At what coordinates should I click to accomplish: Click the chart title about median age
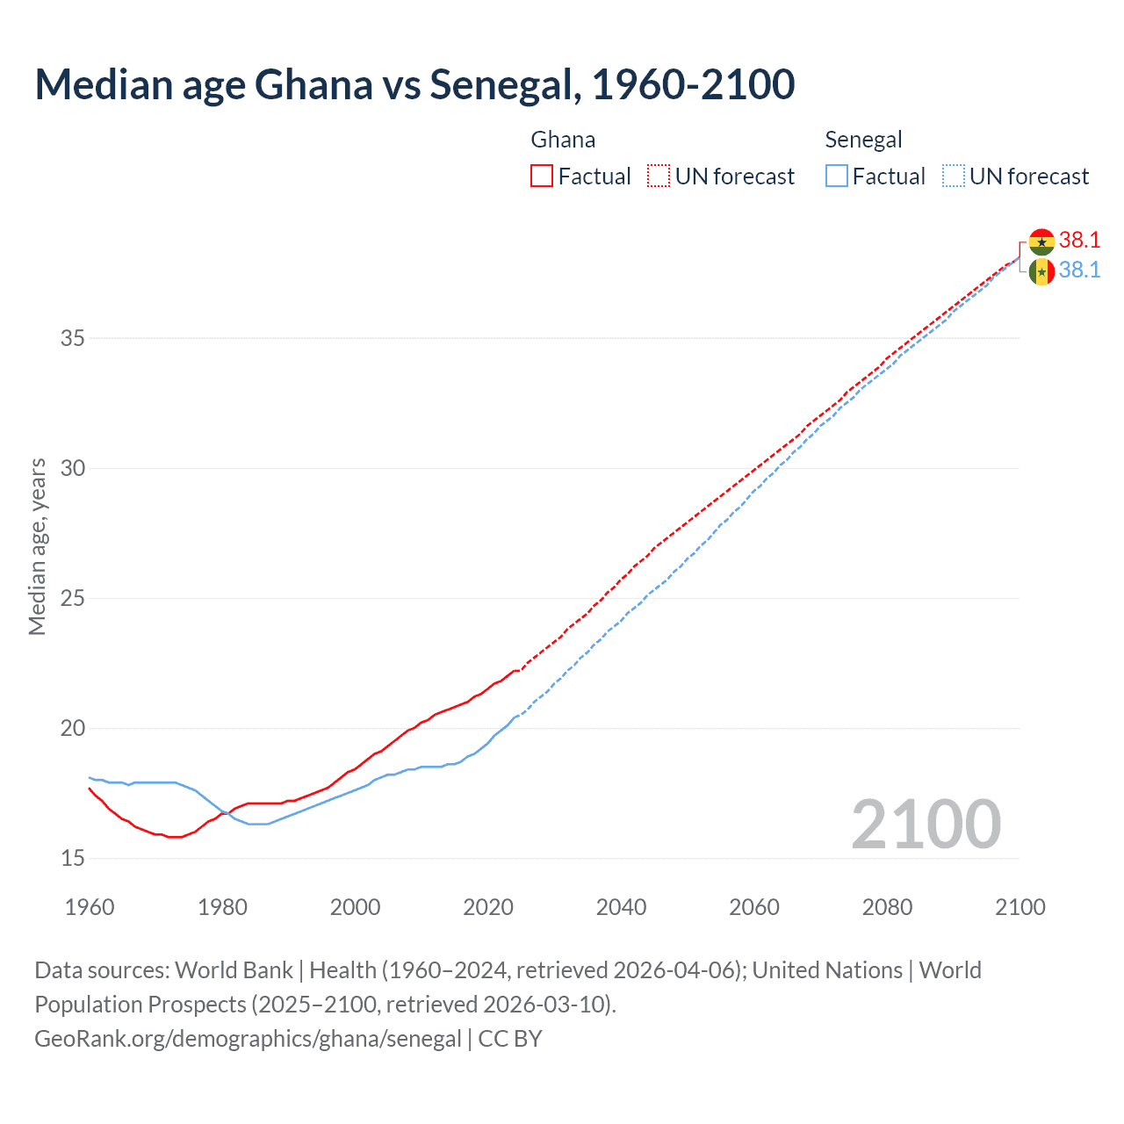pos(414,84)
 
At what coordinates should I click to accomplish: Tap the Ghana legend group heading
pos(563,140)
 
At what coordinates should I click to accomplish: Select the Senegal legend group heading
pos(863,140)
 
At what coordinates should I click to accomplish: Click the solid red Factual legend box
pos(542,177)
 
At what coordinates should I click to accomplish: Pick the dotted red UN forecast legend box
pos(659,177)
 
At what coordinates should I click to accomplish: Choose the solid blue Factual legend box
pos(837,177)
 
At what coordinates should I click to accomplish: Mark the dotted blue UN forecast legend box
pos(953,177)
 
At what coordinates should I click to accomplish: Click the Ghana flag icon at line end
pos(1041,241)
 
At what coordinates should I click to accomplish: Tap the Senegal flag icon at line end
pos(1041,271)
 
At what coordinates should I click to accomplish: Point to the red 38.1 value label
pos(1079,241)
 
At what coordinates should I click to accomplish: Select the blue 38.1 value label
pos(1079,270)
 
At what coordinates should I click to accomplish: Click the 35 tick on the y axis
pos(73,338)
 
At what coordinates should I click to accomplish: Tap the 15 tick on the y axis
pos(73,858)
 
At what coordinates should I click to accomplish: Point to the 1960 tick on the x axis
pos(90,907)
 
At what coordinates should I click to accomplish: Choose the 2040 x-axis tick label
pos(621,907)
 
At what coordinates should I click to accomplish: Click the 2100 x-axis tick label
pos(1020,907)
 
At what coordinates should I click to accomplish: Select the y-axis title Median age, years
pos(37,546)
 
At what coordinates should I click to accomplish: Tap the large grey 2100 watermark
pos(926,825)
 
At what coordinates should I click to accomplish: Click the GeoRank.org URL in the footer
pos(248,1039)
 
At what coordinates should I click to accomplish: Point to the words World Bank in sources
pos(234,970)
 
